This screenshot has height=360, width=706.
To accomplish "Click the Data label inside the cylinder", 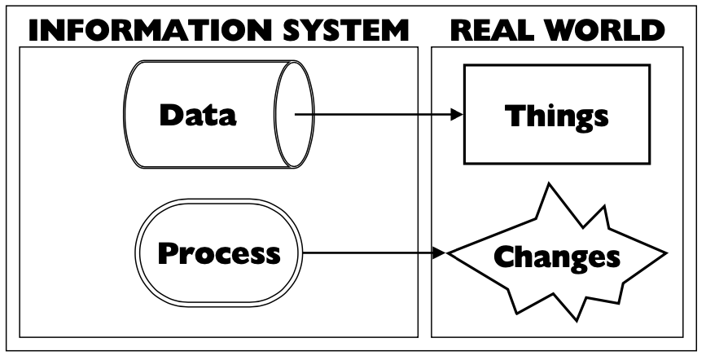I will pos(199,115).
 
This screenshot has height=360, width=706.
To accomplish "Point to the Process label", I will pos(218,253).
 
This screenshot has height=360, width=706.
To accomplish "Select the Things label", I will pos(556,116).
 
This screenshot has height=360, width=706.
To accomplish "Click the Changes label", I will pos(557,257).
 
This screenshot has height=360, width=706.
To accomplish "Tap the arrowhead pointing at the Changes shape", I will pos(440,253).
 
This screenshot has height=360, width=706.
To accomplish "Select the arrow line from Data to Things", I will pos(375,116).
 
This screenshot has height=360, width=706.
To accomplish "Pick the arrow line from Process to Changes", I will pos(366,253).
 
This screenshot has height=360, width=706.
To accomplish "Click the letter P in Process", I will pos(168,253).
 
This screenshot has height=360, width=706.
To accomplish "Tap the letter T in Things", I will pos(515,116).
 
